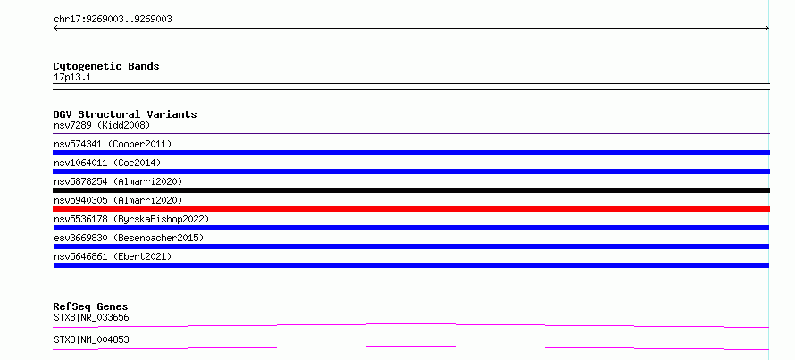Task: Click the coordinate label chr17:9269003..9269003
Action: click(113, 20)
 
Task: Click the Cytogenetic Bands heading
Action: click(106, 66)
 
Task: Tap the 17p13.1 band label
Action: click(72, 78)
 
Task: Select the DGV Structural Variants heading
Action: click(125, 114)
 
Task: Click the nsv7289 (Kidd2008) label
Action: click(102, 125)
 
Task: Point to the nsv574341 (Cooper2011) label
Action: click(113, 144)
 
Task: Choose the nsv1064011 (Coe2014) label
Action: click(107, 163)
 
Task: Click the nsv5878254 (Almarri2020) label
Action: click(118, 181)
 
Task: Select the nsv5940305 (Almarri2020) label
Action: click(118, 200)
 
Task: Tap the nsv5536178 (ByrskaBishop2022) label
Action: click(131, 219)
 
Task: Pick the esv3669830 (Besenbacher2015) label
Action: click(129, 238)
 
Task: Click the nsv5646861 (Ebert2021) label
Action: click(113, 256)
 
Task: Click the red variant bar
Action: click(411, 209)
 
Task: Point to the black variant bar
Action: click(411, 190)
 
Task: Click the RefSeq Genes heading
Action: click(90, 306)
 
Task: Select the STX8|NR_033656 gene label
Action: click(91, 318)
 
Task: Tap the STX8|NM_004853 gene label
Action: click(91, 339)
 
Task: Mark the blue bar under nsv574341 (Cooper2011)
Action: click(411, 153)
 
